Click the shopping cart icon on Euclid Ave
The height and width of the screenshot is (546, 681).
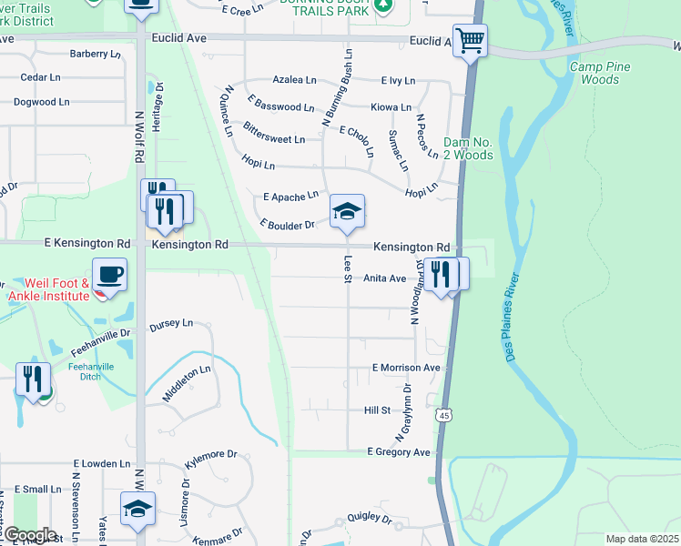click(x=470, y=40)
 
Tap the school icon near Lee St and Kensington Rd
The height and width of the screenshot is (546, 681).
click(x=347, y=212)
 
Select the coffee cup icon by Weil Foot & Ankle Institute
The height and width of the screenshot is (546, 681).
click(x=109, y=274)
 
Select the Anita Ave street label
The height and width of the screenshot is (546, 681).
click(x=384, y=278)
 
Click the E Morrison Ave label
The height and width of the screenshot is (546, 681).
click(x=406, y=368)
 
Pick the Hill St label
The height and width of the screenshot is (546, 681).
click(x=377, y=410)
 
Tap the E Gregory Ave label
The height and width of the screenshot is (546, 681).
click(x=399, y=452)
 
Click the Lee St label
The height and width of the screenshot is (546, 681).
click(x=347, y=268)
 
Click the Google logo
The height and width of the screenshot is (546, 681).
click(x=29, y=535)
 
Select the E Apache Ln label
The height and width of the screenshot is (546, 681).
click(x=290, y=196)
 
